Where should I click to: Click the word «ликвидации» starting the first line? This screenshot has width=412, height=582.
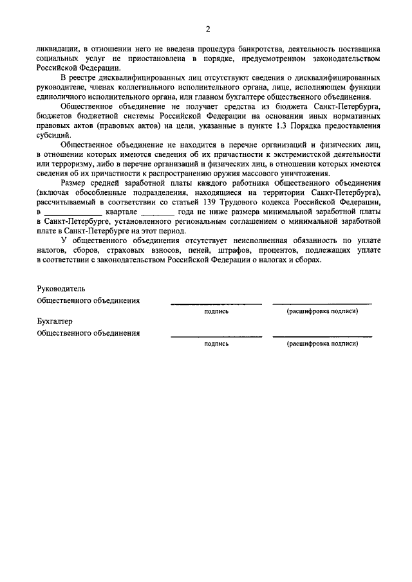tap(57, 49)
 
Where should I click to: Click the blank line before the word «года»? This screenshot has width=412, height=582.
tap(157, 212)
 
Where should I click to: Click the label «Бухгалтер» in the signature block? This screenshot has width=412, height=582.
tap(55, 322)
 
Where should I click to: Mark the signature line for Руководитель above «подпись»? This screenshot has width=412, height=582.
tap(216, 302)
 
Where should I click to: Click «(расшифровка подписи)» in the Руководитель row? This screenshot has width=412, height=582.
tap(322, 311)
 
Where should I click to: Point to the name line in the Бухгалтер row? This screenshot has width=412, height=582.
tap(322, 335)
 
